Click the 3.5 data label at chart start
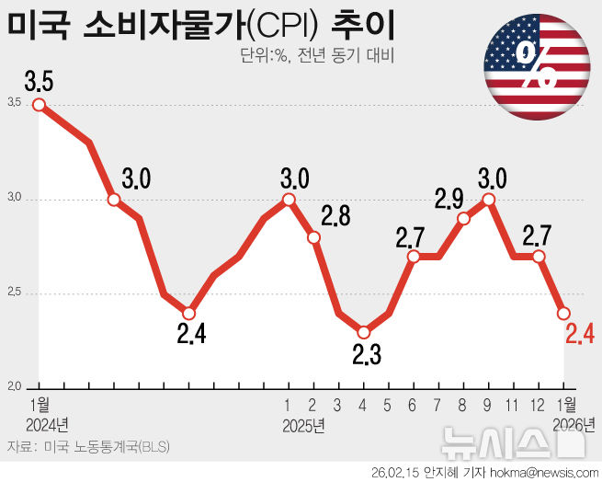pyautogui.click(x=39, y=80)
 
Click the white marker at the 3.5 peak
pyautogui.click(x=39, y=104)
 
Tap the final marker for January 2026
pyautogui.click(x=563, y=313)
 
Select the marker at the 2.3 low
pyautogui.click(x=363, y=331)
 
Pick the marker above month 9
pyautogui.click(x=489, y=199)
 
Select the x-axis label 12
pyautogui.click(x=539, y=405)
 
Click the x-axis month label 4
pyautogui.click(x=363, y=405)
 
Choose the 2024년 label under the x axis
pyautogui.click(x=49, y=425)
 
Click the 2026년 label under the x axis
pyautogui.click(x=575, y=425)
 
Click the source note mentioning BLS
pyautogui.click(x=88, y=447)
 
